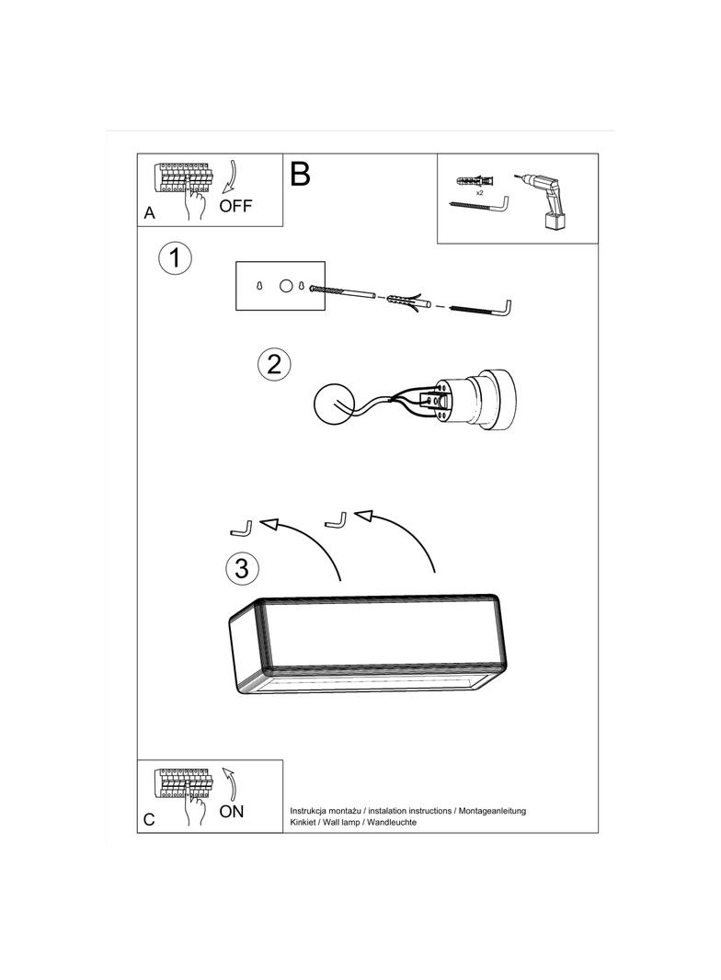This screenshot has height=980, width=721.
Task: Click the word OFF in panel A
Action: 235,206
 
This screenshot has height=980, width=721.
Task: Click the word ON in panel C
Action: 232,811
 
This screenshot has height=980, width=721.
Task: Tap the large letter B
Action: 300,174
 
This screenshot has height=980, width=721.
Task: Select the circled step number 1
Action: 175,257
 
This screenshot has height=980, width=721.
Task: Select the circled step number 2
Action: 274,364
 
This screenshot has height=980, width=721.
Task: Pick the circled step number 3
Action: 241,568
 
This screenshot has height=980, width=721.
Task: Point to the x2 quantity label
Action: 479,193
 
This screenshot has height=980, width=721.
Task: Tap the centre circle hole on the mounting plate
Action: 286,286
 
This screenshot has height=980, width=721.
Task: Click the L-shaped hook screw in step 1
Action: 484,308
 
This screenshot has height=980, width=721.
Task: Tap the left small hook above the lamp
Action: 241,529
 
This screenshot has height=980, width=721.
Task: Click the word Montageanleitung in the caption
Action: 492,811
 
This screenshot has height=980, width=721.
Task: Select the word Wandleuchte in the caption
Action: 392,822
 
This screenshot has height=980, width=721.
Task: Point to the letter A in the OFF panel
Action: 150,213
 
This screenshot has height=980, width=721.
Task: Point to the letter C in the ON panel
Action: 149,819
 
